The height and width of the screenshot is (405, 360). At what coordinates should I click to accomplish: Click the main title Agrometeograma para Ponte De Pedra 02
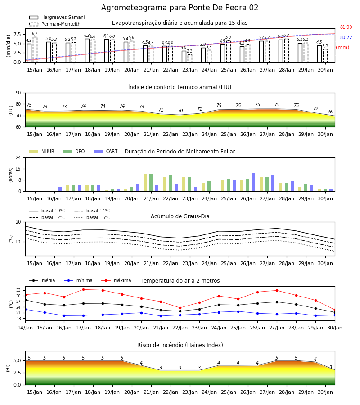pyautogui.click(x=180, y=8)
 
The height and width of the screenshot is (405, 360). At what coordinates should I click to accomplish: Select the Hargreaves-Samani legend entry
pyautogui.click(x=57, y=17)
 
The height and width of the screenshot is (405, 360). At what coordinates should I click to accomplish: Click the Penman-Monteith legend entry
pyautogui.click(x=55, y=24)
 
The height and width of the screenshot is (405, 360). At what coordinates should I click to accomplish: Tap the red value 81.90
pyautogui.click(x=346, y=27)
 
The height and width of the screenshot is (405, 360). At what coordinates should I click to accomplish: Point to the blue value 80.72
pyautogui.click(x=346, y=37)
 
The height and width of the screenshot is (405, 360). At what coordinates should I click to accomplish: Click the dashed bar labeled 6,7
pyautogui.click(x=35, y=49)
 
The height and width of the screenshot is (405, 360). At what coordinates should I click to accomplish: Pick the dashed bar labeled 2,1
pyautogui.click(x=190, y=58)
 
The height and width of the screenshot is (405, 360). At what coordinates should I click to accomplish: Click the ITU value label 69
pyautogui.click(x=331, y=112)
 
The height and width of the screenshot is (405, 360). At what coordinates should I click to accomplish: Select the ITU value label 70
pyautogui.click(x=180, y=111)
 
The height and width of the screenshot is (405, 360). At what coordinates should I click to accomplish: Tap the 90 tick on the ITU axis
pyautogui.click(x=18, y=93)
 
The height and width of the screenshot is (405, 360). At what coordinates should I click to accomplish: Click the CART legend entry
pyautogui.click(x=106, y=151)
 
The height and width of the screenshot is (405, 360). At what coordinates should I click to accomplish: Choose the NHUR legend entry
pyautogui.click(x=42, y=151)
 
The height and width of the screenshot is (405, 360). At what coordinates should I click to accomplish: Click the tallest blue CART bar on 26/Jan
pyautogui.click(x=254, y=182)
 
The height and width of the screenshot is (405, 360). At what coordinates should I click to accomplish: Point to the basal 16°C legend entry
pyautogui.click(x=92, y=217)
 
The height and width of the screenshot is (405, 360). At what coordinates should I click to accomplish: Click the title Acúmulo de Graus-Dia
pyautogui.click(x=180, y=216)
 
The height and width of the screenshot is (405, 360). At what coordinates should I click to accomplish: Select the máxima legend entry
pyautogui.click(x=117, y=280)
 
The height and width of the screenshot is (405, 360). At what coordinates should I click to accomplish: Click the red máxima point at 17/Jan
pyautogui.click(x=83, y=289)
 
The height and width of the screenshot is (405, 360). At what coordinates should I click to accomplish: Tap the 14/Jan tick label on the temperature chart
pyautogui.click(x=25, y=328)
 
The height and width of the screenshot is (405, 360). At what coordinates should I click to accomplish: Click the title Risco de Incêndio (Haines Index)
pyautogui.click(x=180, y=345)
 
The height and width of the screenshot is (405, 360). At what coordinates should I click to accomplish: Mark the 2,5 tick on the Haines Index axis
pyautogui.click(x=17, y=373)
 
